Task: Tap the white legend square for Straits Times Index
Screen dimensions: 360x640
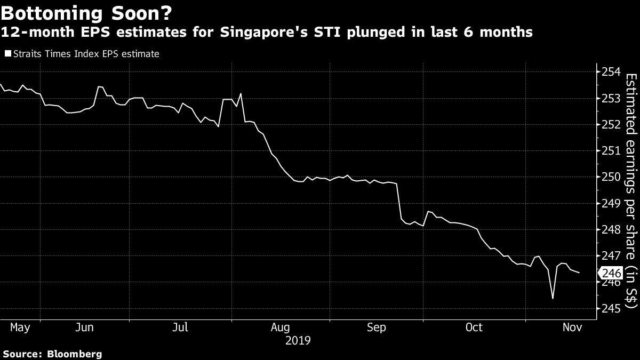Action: pyautogui.click(x=6, y=54)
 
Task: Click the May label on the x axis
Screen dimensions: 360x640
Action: pyautogui.click(x=20, y=327)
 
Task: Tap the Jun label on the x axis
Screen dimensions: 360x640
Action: pyautogui.click(x=85, y=327)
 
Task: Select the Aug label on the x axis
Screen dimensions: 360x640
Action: pyautogui.click(x=280, y=327)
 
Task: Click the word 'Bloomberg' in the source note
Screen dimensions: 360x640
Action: pyautogui.click(x=75, y=354)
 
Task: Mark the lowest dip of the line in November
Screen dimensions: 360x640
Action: pyautogui.click(x=553, y=298)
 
